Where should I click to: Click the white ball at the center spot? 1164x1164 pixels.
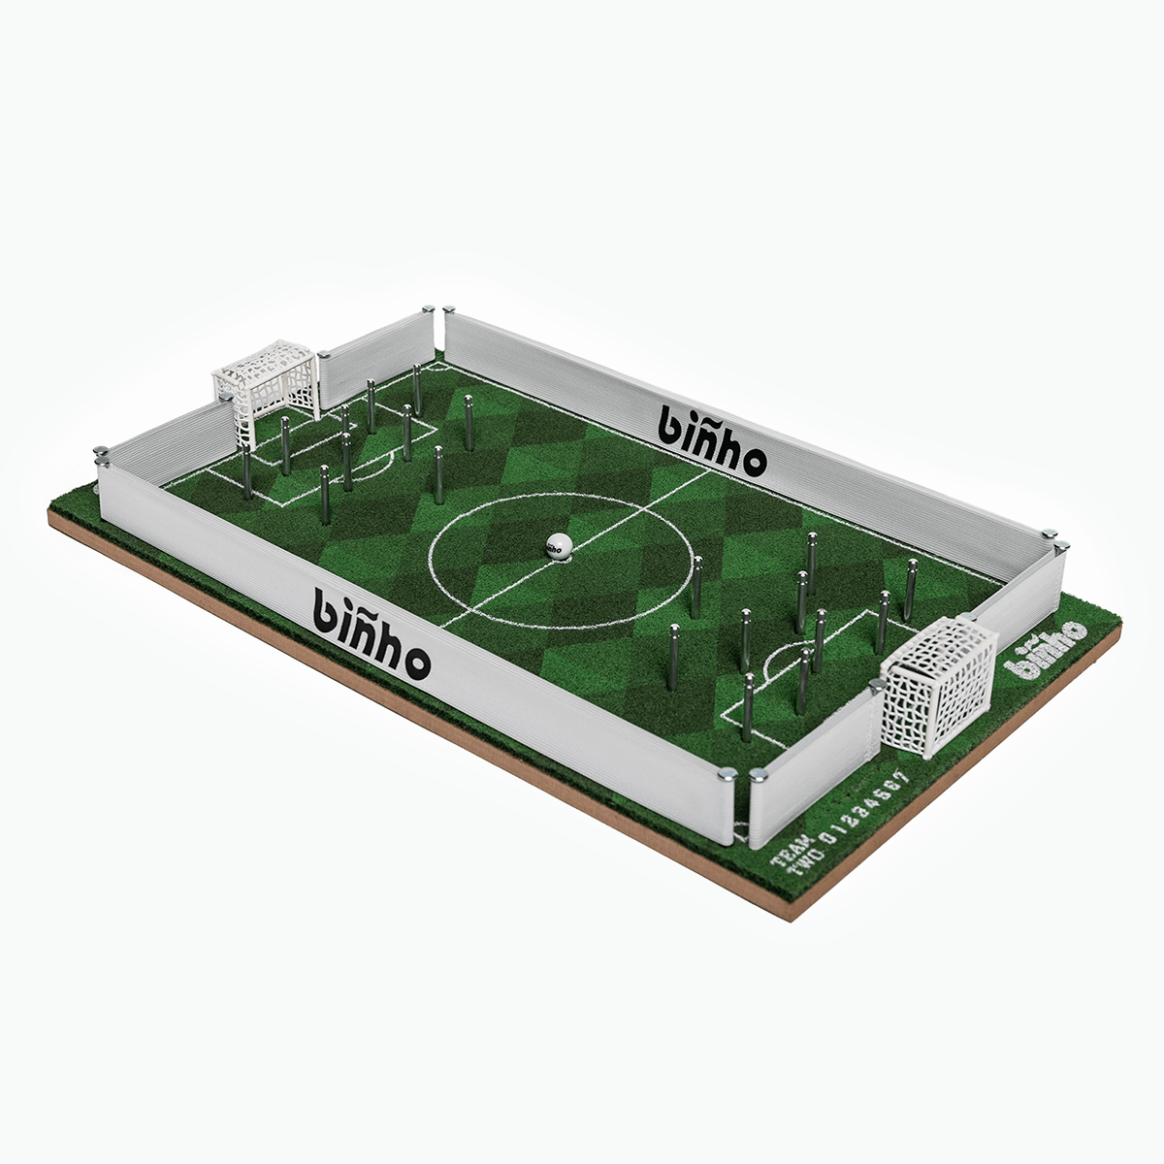click(x=556, y=545)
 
